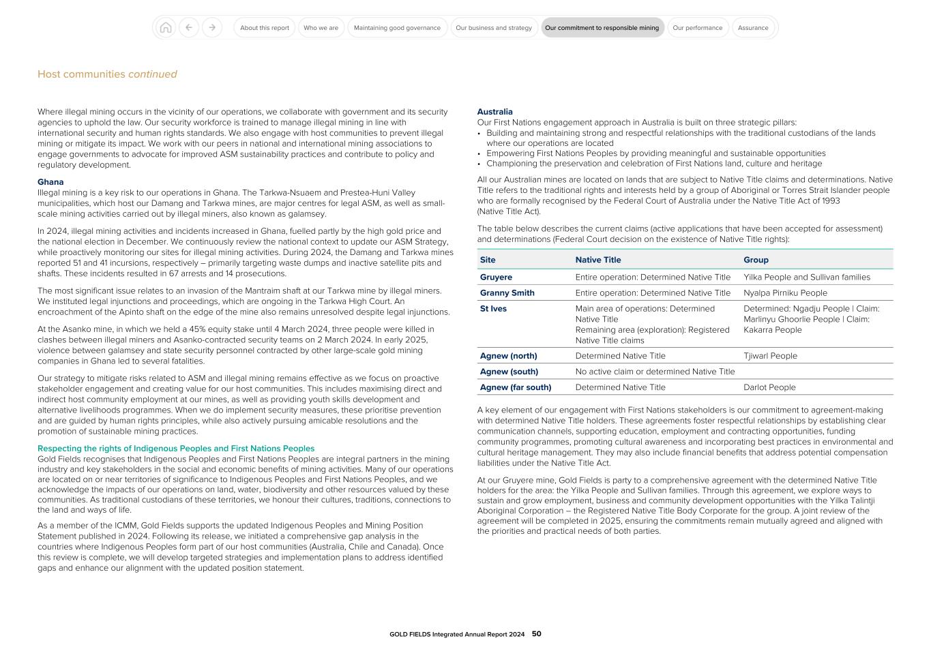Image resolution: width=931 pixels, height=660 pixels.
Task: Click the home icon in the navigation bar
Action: point(165,28)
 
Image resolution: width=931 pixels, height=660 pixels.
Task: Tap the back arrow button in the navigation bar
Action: point(189,28)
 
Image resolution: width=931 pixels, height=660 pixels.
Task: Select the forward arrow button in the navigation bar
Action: point(212,28)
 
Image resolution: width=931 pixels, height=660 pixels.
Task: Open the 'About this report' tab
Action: point(265,28)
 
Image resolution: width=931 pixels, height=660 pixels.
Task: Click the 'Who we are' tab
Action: point(321,28)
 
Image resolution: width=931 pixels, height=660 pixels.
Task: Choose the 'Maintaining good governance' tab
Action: point(397,28)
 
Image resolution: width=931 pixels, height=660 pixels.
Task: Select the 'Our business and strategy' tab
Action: point(494,28)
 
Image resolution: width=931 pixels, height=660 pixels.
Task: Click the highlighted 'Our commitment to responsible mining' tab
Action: point(602,28)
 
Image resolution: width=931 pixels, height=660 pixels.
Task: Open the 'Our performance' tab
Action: point(697,28)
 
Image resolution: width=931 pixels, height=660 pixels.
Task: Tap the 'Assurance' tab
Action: point(753,28)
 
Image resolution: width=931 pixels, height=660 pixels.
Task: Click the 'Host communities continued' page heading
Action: point(107,74)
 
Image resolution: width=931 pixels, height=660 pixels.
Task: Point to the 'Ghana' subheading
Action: point(50,182)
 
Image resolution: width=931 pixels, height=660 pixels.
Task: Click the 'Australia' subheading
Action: point(494,112)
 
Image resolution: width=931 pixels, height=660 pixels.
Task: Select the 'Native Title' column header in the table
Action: point(598,260)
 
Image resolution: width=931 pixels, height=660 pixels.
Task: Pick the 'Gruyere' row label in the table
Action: point(496,277)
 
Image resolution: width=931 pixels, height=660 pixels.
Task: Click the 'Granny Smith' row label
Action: point(507,293)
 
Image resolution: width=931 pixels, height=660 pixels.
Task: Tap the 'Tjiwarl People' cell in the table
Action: point(770,356)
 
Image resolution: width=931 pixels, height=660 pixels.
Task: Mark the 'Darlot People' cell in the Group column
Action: point(769,387)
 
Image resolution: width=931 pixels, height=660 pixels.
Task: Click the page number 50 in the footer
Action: point(537,634)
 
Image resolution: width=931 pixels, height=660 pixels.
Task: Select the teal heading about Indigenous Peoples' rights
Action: point(176,449)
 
